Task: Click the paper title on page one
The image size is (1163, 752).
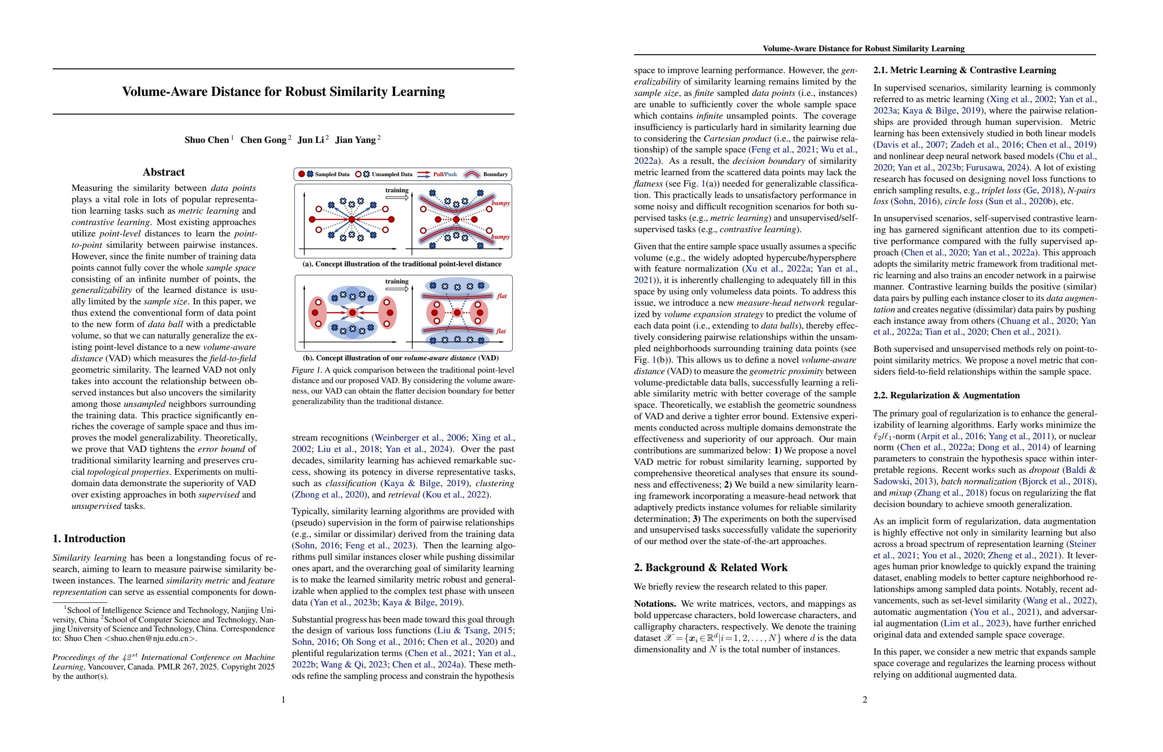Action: pos(284,92)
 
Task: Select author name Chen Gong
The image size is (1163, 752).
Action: pos(263,140)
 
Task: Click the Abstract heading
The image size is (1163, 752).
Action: pos(164,172)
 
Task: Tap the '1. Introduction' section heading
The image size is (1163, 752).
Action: pos(89,539)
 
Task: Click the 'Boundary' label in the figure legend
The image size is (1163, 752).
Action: pos(495,174)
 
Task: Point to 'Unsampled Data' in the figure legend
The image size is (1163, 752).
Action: pos(391,174)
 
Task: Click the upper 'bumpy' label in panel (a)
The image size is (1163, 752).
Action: pos(500,203)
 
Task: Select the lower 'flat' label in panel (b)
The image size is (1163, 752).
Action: pos(501,331)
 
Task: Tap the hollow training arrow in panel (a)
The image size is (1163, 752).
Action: pos(397,198)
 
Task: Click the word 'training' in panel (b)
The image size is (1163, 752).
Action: pos(397,281)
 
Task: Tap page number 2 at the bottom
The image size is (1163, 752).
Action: pos(865,700)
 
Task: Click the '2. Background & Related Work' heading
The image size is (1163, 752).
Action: pos(711,567)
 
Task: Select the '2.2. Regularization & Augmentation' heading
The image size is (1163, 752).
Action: pos(946,395)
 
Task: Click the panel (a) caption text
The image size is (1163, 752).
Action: pos(402,264)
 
